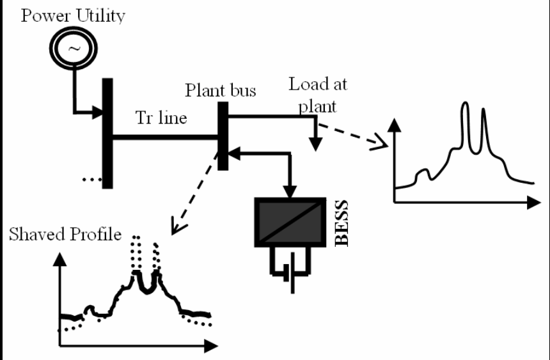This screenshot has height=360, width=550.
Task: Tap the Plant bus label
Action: [x=221, y=90]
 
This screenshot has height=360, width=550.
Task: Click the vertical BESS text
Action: [x=342, y=223]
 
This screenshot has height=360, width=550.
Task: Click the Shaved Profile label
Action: [x=65, y=234]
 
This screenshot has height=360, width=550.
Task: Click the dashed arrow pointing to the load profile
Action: [x=355, y=134]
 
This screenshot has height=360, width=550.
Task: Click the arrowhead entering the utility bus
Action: [x=97, y=115]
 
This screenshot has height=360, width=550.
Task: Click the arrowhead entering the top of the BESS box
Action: [x=291, y=190]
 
